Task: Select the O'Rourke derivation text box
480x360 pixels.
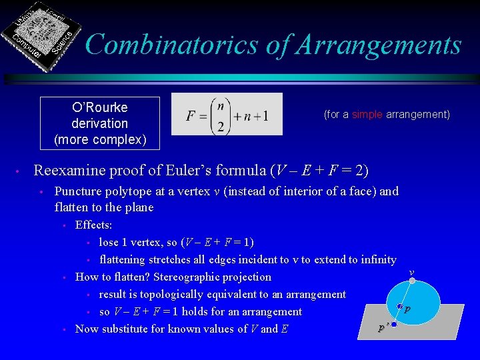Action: tap(100, 123)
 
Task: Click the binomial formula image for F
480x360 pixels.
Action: tap(227, 114)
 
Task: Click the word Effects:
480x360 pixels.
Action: tap(93, 225)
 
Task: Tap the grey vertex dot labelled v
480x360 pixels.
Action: tap(413, 281)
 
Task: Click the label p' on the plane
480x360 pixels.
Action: tap(383, 328)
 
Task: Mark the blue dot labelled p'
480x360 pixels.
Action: tap(394, 325)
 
